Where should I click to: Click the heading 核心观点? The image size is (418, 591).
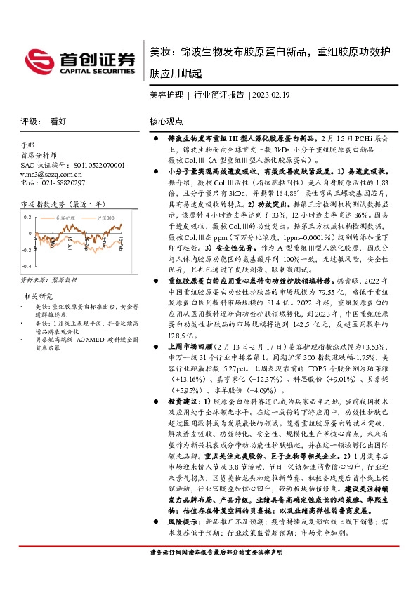point(166,121)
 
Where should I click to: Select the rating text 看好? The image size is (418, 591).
point(58,121)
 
